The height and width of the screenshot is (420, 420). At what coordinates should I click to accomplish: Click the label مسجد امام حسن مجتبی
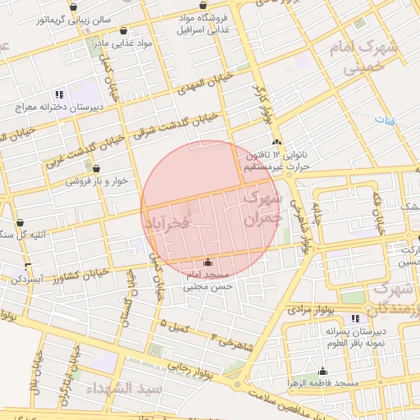point(209,280)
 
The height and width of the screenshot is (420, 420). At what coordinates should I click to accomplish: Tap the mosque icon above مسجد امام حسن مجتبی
point(207,262)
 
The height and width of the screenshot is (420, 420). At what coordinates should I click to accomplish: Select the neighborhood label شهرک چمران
point(262,208)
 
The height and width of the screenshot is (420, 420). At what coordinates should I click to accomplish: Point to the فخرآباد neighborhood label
point(167,222)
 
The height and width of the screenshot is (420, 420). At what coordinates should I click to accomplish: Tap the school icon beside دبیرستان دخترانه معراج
point(58,94)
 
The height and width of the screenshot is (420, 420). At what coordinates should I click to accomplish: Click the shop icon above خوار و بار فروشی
point(96,168)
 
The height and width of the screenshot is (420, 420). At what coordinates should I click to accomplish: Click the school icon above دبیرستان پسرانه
point(355,318)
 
